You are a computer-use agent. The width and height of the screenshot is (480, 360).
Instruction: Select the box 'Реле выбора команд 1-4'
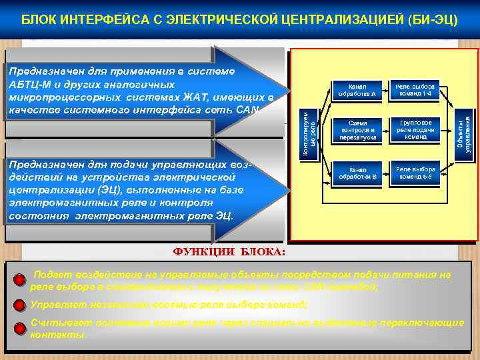[415, 91]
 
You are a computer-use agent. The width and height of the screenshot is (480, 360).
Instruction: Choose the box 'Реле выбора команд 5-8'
[415, 172]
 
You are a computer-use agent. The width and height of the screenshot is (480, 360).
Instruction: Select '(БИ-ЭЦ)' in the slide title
[433, 19]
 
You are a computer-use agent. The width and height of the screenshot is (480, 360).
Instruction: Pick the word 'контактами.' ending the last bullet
[59, 335]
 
